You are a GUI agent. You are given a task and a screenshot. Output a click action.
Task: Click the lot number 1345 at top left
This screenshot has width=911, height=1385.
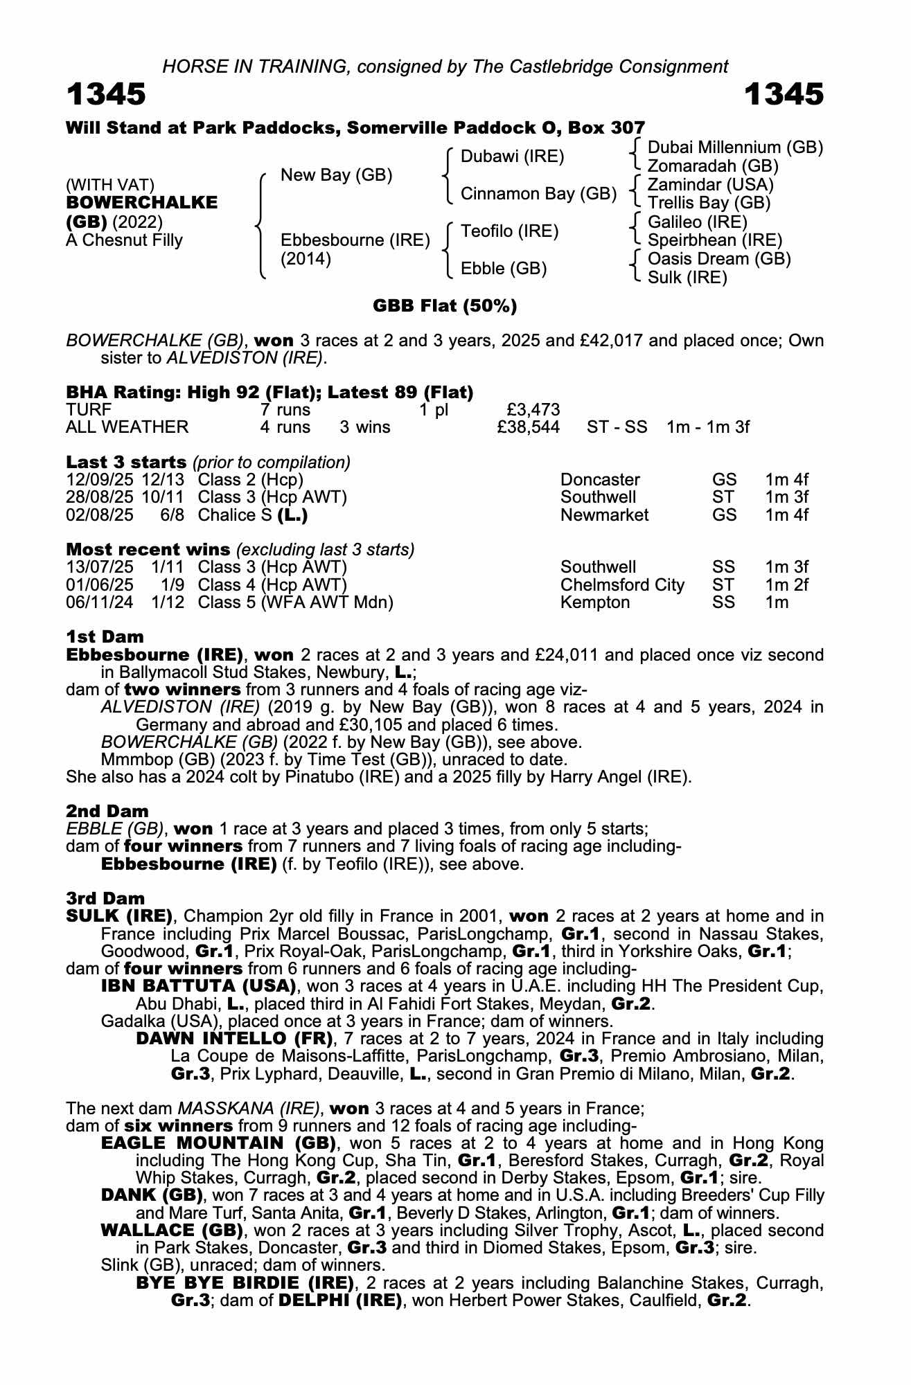click(x=106, y=95)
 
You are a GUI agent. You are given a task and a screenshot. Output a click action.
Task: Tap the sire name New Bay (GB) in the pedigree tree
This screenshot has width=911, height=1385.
click(x=336, y=175)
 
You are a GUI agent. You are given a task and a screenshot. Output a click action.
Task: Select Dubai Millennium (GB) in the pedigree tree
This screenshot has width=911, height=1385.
click(x=734, y=148)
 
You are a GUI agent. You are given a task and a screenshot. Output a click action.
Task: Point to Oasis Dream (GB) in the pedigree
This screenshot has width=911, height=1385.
click(x=718, y=259)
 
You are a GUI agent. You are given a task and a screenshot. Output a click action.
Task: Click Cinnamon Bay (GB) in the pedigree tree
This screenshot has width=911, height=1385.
click(x=538, y=194)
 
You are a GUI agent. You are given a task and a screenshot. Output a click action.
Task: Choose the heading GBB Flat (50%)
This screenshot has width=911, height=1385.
click(x=445, y=306)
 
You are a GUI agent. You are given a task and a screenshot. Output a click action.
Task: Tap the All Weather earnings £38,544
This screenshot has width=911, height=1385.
click(x=528, y=427)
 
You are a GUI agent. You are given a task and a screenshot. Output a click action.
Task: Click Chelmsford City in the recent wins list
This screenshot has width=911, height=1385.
click(x=621, y=585)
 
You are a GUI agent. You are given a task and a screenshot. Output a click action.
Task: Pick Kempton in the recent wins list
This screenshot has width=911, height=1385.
click(x=594, y=602)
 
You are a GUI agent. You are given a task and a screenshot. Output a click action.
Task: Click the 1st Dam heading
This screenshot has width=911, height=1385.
click(x=105, y=637)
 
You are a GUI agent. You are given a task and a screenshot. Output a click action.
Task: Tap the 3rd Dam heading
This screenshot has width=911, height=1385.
click(x=105, y=899)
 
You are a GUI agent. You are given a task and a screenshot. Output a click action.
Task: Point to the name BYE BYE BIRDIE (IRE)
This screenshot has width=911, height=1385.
click(x=245, y=1283)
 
